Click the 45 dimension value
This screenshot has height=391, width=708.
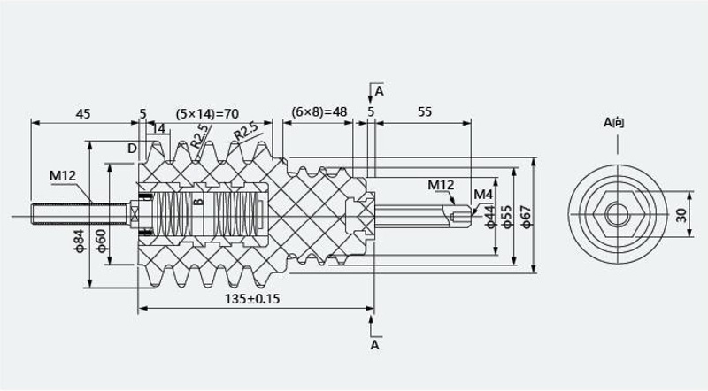(83, 113)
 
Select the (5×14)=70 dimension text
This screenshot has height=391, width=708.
(207, 114)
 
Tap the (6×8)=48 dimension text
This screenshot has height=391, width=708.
(319, 111)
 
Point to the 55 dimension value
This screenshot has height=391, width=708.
(425, 111)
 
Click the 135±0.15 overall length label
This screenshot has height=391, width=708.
(252, 298)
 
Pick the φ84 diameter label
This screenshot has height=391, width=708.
(79, 241)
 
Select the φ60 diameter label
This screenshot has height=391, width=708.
(100, 241)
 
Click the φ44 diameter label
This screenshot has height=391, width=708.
(490, 216)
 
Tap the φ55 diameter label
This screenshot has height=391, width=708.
(506, 217)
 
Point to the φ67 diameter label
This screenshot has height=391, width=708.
(526, 217)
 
